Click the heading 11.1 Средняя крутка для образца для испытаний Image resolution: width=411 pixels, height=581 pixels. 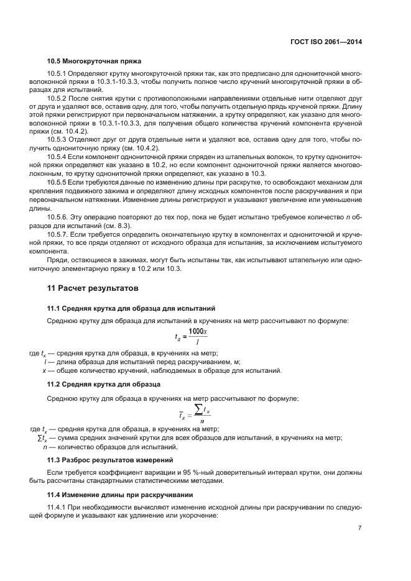click(131, 308)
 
